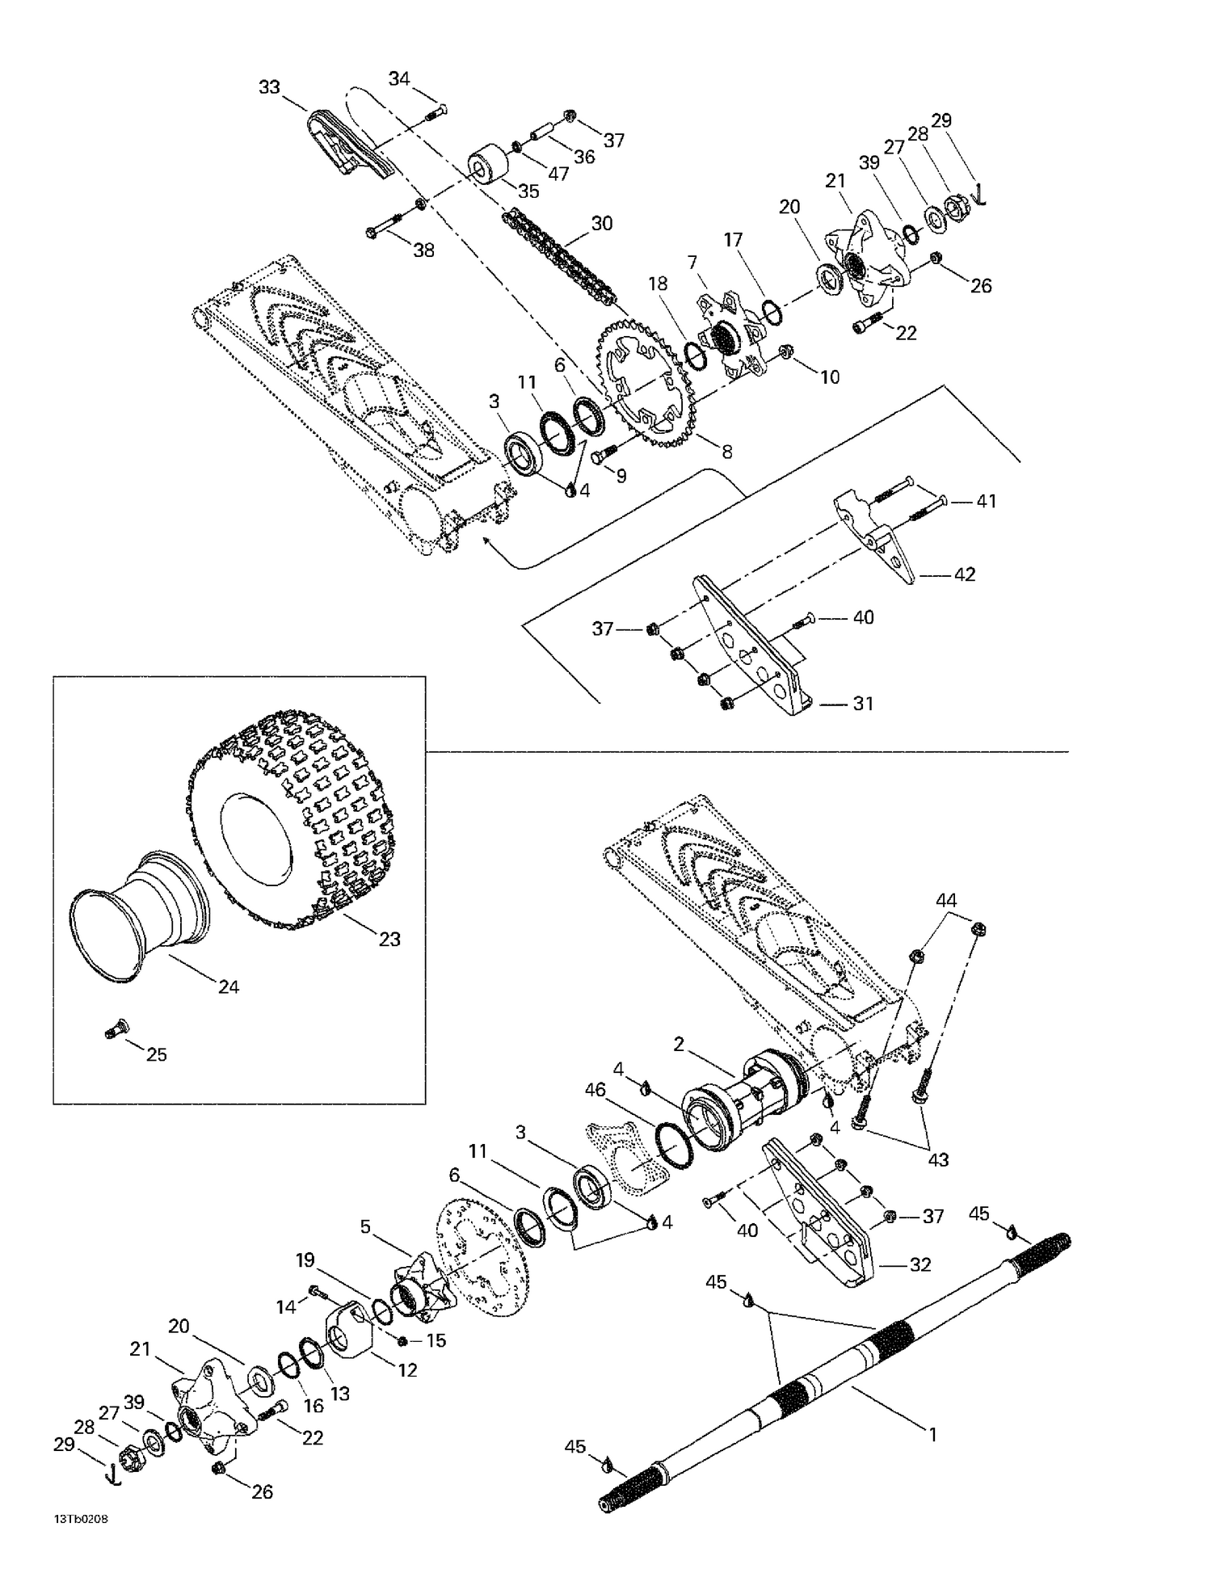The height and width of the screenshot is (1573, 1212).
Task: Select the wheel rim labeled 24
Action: point(137,913)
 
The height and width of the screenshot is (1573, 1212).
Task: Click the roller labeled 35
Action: point(488,166)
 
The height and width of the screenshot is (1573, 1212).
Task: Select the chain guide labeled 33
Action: point(347,145)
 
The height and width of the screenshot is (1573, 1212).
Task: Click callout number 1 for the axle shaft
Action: point(932,1435)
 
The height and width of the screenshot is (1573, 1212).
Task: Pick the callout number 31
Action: point(863,704)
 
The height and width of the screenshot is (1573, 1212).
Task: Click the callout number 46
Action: point(595,1091)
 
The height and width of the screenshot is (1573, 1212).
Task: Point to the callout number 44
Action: point(946,900)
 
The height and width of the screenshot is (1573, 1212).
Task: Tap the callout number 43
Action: point(937,1159)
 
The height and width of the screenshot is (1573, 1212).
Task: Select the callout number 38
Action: point(423,250)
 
